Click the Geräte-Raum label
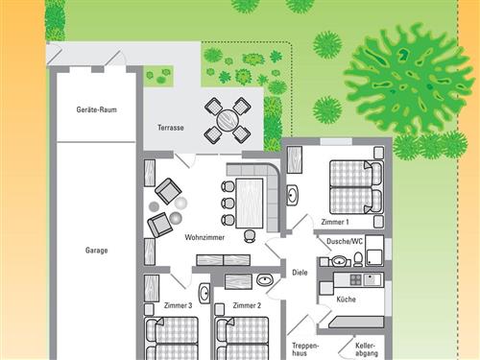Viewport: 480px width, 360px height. point(96,109)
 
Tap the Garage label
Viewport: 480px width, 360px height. point(96,251)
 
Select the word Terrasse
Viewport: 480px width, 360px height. point(171,128)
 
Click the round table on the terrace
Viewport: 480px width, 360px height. point(228,120)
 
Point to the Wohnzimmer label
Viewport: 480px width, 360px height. point(204,237)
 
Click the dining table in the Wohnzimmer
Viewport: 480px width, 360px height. point(250,204)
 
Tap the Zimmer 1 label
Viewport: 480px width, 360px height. point(335,222)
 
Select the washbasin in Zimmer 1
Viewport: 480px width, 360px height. point(292,195)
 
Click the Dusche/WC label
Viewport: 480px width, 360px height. point(345,241)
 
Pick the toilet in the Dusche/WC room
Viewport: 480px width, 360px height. point(358,259)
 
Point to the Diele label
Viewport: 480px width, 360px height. point(300,273)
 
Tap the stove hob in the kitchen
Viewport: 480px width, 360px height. point(356,280)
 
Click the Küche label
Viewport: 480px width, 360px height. point(346,300)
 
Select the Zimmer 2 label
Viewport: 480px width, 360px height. point(247,305)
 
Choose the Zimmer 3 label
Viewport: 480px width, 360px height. point(178,305)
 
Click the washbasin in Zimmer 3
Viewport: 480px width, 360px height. point(204,293)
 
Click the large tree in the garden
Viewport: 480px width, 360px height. point(408,79)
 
